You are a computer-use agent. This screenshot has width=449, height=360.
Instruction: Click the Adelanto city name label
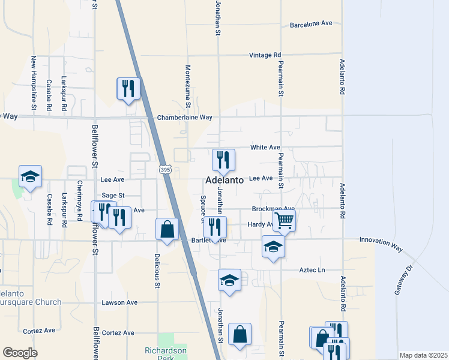click(x=225, y=179)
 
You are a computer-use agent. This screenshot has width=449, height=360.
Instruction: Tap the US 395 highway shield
click(x=165, y=170)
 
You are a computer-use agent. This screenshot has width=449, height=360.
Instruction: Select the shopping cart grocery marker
click(x=284, y=220)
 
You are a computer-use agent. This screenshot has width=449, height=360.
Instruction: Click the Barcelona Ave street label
click(x=311, y=24)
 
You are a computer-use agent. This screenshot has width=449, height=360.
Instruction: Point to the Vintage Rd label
click(x=265, y=55)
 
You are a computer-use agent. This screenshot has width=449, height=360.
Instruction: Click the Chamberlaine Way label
click(x=185, y=118)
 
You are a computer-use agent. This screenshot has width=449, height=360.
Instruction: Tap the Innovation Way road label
click(x=381, y=239)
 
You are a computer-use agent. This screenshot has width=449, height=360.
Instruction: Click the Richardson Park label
click(x=166, y=354)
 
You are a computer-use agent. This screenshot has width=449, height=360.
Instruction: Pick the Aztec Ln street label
click(x=312, y=271)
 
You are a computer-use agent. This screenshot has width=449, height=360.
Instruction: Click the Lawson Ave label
click(x=119, y=302)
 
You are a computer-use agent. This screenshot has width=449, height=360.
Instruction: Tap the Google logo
click(x=20, y=353)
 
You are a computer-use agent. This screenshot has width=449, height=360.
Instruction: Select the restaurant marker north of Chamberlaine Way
click(x=128, y=89)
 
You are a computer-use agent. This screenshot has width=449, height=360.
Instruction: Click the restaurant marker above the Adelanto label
click(x=223, y=160)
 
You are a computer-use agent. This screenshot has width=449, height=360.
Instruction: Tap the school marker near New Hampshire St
click(x=30, y=176)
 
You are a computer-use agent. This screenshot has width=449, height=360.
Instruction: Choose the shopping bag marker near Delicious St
click(x=167, y=229)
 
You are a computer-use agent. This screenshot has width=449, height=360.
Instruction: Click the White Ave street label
click(x=265, y=147)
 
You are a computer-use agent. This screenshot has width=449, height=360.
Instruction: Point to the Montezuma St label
click(x=188, y=87)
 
